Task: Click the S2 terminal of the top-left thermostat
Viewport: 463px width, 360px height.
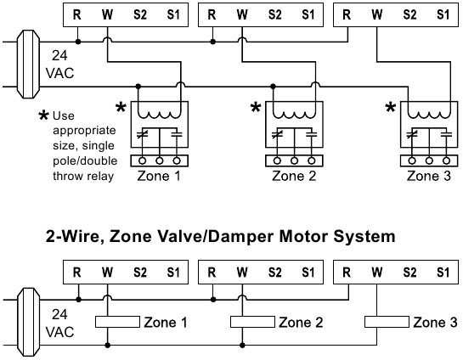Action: [140, 14]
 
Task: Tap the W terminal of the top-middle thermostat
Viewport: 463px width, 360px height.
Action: [242, 14]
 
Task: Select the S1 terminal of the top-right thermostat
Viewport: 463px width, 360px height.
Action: [443, 14]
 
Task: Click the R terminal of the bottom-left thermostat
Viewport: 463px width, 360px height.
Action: [76, 272]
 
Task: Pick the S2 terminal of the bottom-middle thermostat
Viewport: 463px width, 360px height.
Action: [275, 272]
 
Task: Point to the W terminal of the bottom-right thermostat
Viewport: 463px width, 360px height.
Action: [377, 272]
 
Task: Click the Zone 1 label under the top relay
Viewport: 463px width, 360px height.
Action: [159, 176]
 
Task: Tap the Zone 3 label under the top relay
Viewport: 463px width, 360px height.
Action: [429, 176]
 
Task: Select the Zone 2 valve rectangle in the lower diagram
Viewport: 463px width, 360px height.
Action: [252, 322]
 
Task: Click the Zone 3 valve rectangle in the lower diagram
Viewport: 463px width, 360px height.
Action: [387, 322]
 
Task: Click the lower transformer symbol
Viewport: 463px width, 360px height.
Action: [28, 323]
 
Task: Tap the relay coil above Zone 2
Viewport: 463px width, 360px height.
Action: [294, 115]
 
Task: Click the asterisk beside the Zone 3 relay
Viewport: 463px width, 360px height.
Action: [391, 108]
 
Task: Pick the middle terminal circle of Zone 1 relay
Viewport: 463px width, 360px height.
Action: [160, 160]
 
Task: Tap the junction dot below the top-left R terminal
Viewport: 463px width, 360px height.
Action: [78, 42]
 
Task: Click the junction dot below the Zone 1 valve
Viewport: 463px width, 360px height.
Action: [108, 345]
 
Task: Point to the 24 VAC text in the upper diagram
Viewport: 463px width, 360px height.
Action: [59, 65]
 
